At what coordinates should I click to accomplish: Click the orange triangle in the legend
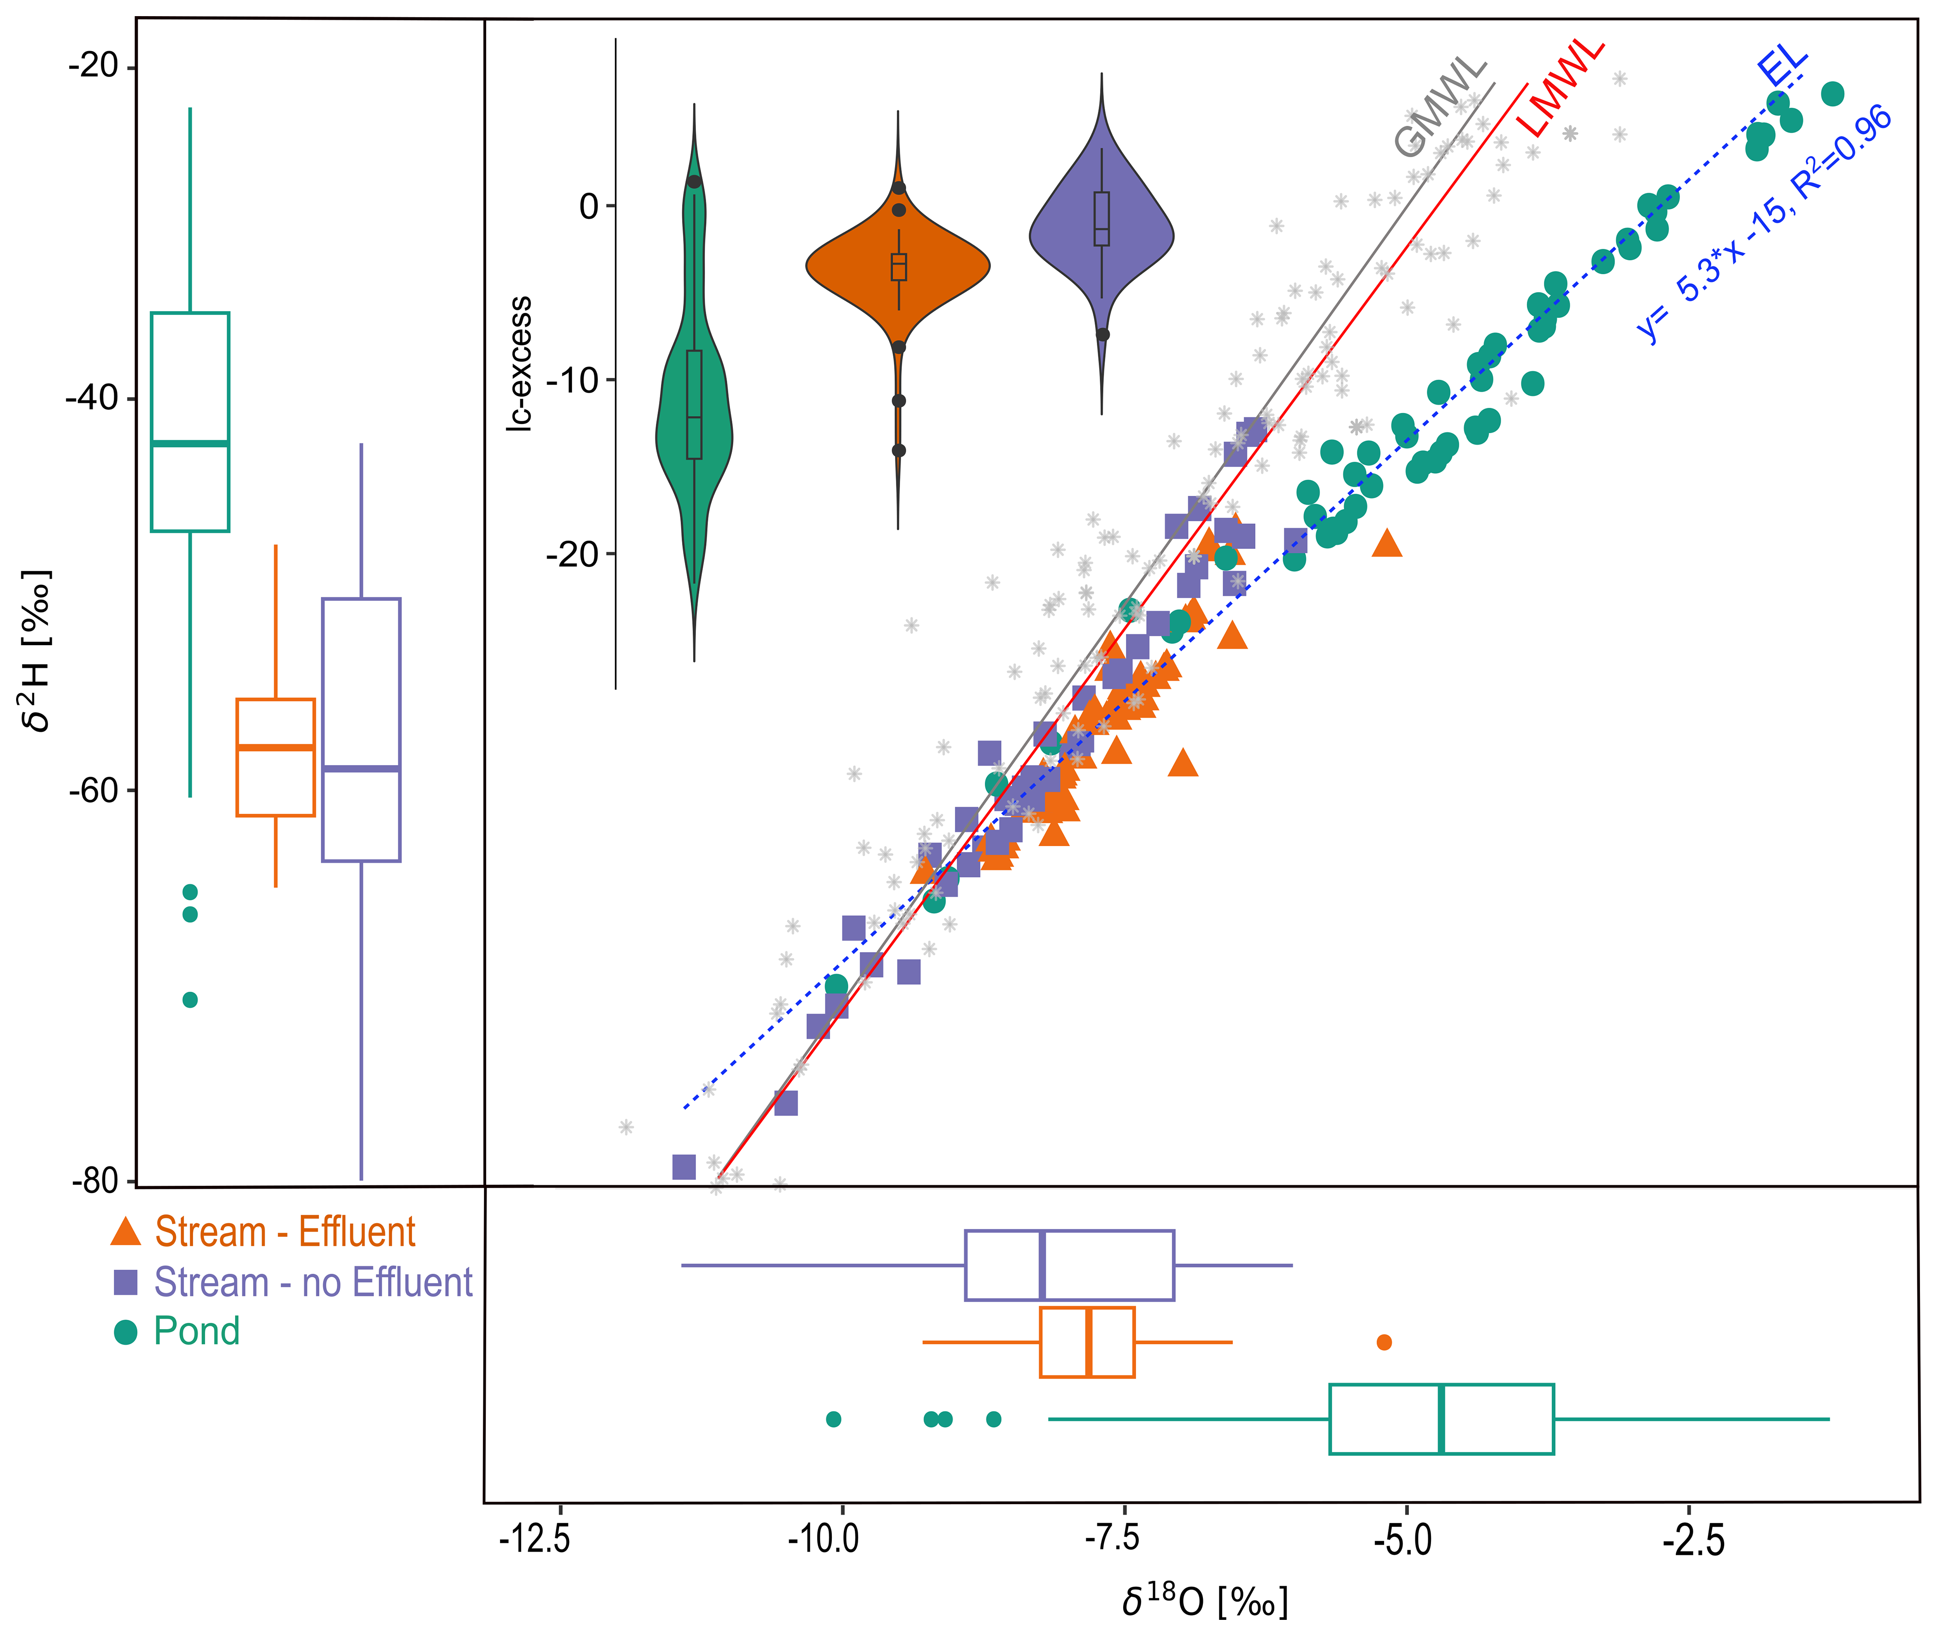[x=125, y=1232]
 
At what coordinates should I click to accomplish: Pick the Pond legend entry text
[x=197, y=1331]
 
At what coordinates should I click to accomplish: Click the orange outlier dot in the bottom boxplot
[x=1384, y=1342]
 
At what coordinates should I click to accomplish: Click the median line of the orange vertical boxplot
[x=276, y=747]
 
